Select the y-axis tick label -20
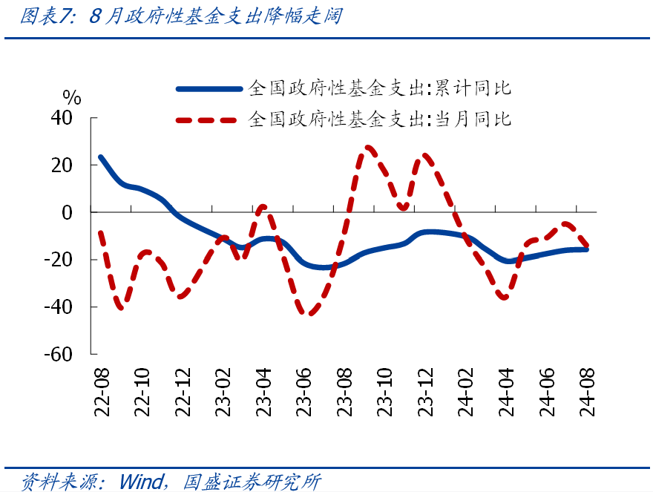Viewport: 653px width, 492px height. pos(59,260)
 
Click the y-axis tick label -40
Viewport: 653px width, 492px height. pos(59,307)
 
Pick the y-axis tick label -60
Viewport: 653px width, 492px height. pos(59,355)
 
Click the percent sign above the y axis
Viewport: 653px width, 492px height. pos(71,96)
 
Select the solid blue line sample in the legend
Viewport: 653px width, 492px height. pos(209,89)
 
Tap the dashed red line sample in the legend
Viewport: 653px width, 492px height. pos(209,119)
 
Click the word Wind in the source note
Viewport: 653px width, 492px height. pos(140,482)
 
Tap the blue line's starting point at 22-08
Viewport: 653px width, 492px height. pos(100,157)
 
